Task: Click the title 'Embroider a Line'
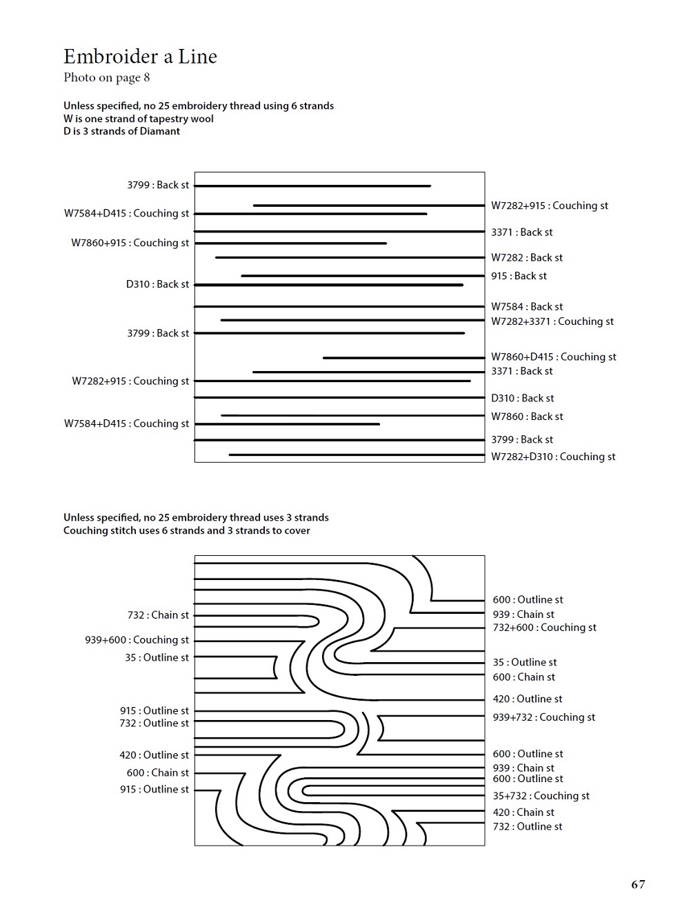(x=140, y=57)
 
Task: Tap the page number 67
(x=638, y=884)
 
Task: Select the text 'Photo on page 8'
(x=107, y=77)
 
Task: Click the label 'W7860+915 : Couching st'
(x=130, y=243)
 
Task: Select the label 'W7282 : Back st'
(x=527, y=257)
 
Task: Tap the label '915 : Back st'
(x=519, y=276)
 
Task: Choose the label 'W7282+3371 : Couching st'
(x=552, y=321)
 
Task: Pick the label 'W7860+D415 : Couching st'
(x=553, y=357)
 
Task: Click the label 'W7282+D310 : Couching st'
(x=553, y=457)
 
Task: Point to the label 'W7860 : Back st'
(x=527, y=417)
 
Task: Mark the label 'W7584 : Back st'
(x=527, y=306)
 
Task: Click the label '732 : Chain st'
(x=158, y=615)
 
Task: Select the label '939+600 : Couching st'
(x=137, y=640)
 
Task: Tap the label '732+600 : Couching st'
(x=544, y=628)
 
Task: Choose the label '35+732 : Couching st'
(x=541, y=796)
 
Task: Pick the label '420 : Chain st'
(x=523, y=812)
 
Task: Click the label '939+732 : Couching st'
(x=543, y=717)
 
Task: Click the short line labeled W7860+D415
(x=403, y=358)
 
